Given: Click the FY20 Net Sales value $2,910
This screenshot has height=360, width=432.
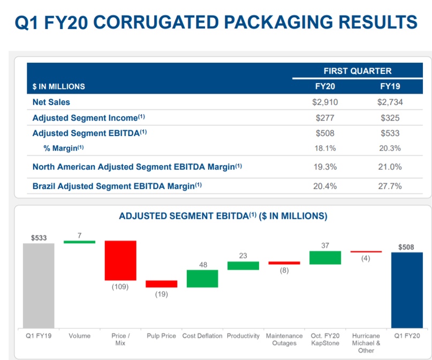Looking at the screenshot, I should click(x=325, y=102).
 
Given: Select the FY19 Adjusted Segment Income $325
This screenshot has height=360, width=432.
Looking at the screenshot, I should click(x=390, y=118).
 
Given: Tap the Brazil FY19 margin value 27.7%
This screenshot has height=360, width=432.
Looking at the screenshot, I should click(x=390, y=186).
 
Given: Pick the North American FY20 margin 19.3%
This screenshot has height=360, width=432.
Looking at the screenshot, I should click(x=325, y=167).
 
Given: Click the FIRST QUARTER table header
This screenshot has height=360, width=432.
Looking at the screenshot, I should click(x=357, y=71).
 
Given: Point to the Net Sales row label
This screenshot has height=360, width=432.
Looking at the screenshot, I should click(x=51, y=102).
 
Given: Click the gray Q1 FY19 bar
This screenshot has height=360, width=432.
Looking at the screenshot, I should click(x=39, y=285).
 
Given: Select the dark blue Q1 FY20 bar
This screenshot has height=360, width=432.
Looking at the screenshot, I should click(x=406, y=289).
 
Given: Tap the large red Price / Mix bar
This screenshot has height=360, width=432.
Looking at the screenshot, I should click(x=120, y=260).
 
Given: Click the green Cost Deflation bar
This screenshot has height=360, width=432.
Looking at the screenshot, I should click(x=202, y=279).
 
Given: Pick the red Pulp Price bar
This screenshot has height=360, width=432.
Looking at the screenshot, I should click(x=161, y=284).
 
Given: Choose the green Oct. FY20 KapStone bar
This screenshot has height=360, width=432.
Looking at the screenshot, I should click(x=325, y=258).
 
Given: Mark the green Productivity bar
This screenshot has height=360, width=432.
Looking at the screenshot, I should click(x=243, y=266).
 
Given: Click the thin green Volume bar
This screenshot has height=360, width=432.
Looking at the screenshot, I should click(x=79, y=242).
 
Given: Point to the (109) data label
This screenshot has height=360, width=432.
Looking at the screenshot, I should click(x=120, y=287).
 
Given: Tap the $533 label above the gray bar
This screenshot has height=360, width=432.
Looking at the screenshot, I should click(x=39, y=236).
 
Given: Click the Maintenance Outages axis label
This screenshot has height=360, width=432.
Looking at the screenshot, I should click(x=284, y=340).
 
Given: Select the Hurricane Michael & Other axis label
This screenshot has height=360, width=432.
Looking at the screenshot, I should click(x=366, y=343).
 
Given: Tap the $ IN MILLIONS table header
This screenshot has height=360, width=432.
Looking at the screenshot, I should click(x=59, y=86).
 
